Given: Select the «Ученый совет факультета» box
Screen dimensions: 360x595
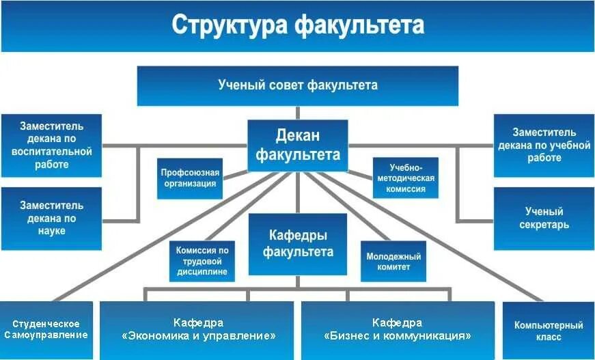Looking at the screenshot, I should pyautogui.click(x=297, y=85).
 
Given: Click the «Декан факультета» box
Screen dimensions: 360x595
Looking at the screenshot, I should pyautogui.click(x=297, y=146).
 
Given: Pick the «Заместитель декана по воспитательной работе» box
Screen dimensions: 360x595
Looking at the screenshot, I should pyautogui.click(x=51, y=145).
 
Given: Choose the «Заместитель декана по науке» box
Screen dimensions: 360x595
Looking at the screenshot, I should pyautogui.click(x=51, y=218).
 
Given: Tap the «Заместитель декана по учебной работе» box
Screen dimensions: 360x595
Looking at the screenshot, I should pyautogui.click(x=544, y=145).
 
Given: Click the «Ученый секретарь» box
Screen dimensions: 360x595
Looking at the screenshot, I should pyautogui.click(x=544, y=218).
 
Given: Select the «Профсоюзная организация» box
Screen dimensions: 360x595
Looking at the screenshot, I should pyautogui.click(x=190, y=178).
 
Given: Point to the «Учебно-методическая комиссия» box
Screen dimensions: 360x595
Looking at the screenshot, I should pyautogui.click(x=406, y=178).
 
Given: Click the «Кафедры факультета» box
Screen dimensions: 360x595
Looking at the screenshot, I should pyautogui.click(x=297, y=244).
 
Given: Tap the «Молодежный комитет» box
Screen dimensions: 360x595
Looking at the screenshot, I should pyautogui.click(x=393, y=261).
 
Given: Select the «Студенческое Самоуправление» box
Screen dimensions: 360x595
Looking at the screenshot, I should pyautogui.click(x=46, y=330).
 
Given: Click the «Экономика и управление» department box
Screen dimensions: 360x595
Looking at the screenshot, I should pyautogui.click(x=199, y=330).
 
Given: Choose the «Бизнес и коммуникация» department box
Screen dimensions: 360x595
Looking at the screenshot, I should pyautogui.click(x=397, y=330).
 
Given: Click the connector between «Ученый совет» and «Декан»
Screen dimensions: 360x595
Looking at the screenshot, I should pyautogui.click(x=297, y=113).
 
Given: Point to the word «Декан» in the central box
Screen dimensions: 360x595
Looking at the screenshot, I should pyautogui.click(x=297, y=136).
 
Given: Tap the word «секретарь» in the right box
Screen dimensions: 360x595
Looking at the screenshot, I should pyautogui.click(x=544, y=225).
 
